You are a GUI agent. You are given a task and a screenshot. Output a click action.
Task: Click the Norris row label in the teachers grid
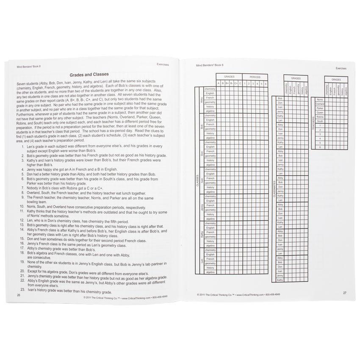(x=319, y=99)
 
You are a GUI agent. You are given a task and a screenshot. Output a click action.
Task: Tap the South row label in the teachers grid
(x=319, y=121)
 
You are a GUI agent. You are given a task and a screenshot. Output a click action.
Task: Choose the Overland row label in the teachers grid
(x=320, y=104)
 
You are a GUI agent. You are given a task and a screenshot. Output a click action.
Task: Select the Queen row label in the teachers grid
(x=320, y=113)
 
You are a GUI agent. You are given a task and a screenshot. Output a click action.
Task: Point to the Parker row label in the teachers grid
(x=320, y=108)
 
